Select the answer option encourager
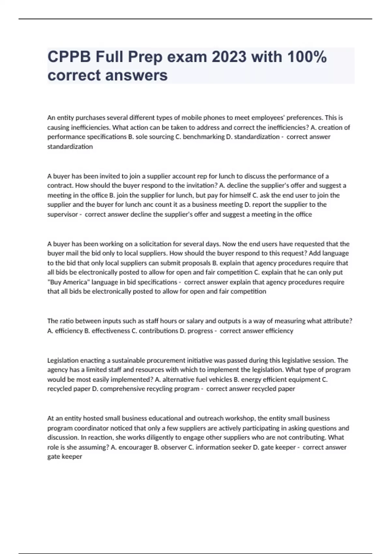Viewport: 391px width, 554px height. point(135,447)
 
